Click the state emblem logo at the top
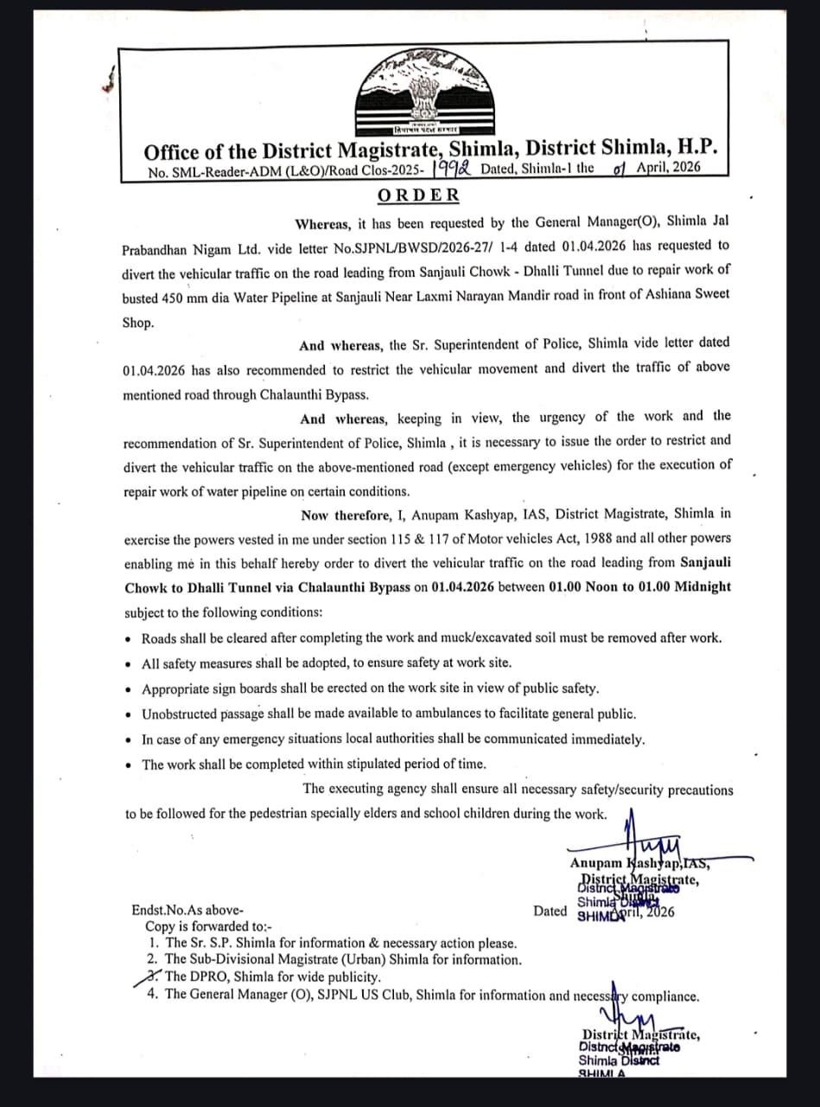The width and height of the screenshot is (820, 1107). pyautogui.click(x=422, y=91)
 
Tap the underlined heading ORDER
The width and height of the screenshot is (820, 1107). pyautogui.click(x=418, y=195)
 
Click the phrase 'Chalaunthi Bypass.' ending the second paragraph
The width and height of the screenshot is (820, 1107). pyautogui.click(x=314, y=395)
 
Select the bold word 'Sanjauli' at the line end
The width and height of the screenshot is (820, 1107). pyautogui.click(x=705, y=562)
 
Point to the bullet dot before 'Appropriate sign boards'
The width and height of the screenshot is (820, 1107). pyautogui.click(x=129, y=690)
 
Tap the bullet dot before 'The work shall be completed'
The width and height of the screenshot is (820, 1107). pyautogui.click(x=129, y=765)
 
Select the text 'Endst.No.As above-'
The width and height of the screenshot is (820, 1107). pyautogui.click(x=188, y=911)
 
